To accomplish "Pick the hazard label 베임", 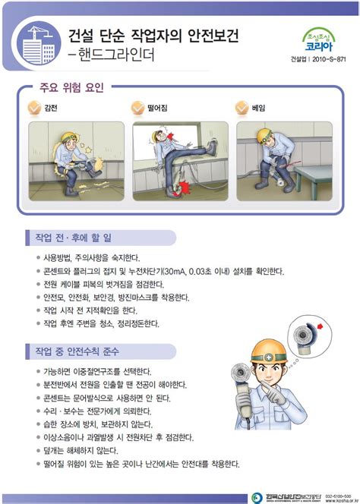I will tap(260, 109).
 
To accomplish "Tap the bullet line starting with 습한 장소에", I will tap(99, 424).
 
